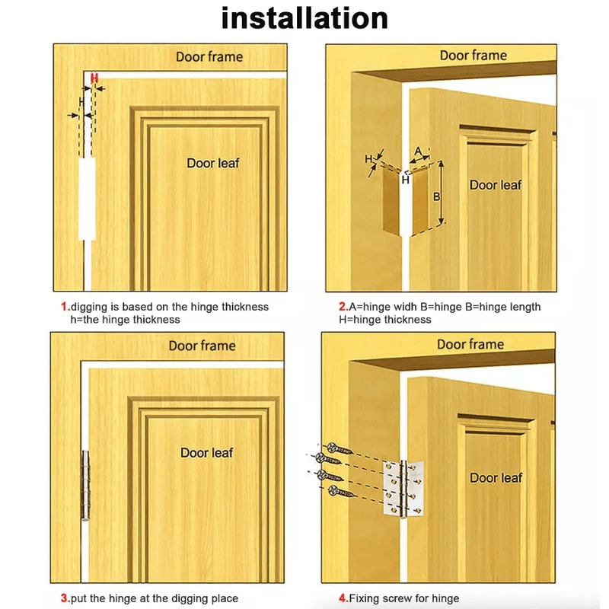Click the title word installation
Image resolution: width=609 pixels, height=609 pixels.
(x=304, y=18)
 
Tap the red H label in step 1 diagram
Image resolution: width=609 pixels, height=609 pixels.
(x=94, y=78)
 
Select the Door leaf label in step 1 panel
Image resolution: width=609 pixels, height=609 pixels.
(x=213, y=163)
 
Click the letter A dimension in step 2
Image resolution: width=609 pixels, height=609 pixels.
(x=418, y=151)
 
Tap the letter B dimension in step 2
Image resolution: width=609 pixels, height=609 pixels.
(x=436, y=196)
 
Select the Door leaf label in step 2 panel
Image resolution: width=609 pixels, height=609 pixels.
(x=496, y=185)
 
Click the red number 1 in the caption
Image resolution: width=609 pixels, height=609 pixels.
(x=65, y=307)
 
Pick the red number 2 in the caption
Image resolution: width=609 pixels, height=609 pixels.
(x=343, y=307)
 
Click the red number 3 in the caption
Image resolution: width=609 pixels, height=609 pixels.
(x=65, y=598)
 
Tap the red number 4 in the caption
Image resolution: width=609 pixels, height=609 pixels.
(x=343, y=598)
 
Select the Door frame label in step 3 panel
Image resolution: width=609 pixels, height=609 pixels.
(x=202, y=346)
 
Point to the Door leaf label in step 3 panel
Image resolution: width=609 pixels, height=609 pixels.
(x=206, y=453)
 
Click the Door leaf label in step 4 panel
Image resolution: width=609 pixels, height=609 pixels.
(x=496, y=478)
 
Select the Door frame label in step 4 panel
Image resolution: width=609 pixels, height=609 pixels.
(x=470, y=345)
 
